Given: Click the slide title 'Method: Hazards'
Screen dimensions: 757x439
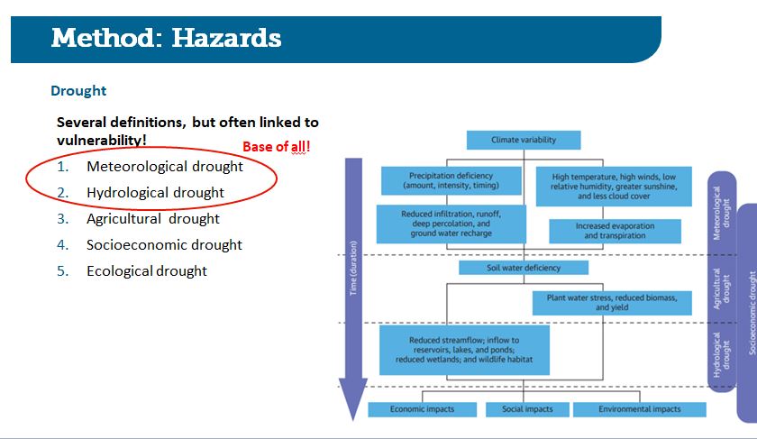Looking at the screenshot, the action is coord(166,38).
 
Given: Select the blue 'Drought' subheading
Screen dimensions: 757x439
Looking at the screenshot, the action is coord(78,91).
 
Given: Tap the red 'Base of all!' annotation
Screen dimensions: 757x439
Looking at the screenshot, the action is coord(276,146).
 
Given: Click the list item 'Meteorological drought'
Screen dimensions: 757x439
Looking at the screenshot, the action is coord(165,166).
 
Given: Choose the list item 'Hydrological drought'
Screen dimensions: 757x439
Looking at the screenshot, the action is coord(155,192).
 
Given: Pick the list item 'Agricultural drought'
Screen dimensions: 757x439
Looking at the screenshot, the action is coord(153,218).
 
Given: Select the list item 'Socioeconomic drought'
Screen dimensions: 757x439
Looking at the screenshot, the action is coord(164,244).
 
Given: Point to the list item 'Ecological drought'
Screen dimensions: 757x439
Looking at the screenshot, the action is coord(147,270).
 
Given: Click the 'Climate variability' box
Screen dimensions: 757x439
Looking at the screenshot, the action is coord(524,140).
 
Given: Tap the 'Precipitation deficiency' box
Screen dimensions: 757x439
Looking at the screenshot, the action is coord(451,180).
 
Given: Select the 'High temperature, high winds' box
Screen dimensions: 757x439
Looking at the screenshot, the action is coord(614,187).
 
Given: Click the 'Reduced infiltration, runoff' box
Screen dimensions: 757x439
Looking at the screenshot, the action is coord(451,224).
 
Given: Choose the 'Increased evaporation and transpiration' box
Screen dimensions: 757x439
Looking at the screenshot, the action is coord(615,231).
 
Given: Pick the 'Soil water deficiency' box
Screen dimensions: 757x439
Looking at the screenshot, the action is coord(524,268).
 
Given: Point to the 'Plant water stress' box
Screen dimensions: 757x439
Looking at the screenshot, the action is coord(612,303).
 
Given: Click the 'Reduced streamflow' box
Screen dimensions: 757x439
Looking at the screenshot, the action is coord(464,350).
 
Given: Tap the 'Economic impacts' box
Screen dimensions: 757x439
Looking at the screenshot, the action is coord(422,409).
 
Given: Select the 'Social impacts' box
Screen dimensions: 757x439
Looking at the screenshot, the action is coord(527,409).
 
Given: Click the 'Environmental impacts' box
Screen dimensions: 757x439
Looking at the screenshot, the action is coord(639,409).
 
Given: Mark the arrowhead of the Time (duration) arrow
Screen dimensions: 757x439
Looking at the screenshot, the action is coord(353,420).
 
